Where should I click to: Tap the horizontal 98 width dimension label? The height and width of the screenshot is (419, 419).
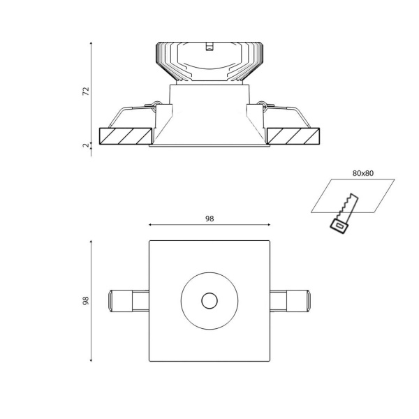tap(209, 219)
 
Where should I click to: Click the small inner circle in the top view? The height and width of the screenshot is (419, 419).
tap(209, 301)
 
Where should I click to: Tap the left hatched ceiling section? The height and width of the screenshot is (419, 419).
tap(126, 135)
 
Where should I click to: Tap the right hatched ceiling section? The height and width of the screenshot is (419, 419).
tap(293, 135)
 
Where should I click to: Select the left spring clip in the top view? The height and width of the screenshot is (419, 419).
tap(128, 301)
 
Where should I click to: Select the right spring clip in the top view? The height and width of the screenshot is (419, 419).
tap(291, 301)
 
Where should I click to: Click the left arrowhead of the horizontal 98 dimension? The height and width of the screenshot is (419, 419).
tap(151, 226)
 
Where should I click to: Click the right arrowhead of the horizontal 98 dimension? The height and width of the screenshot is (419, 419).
tap(269, 226)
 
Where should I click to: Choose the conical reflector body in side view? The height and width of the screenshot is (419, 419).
tap(209, 119)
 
